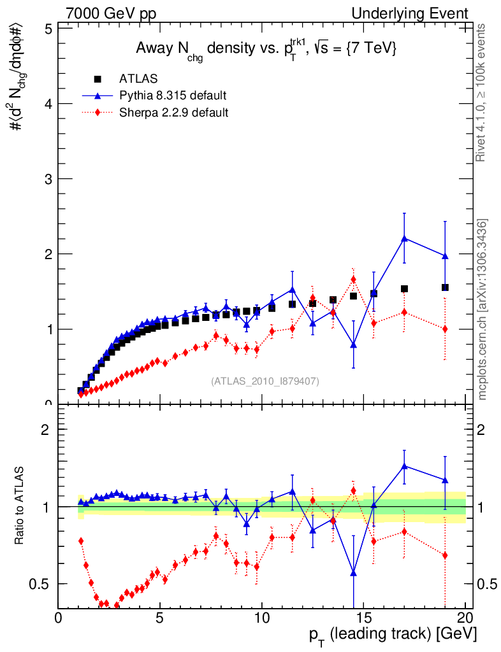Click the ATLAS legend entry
(138, 79)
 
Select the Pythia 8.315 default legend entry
(172, 96)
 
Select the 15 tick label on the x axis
(363, 618)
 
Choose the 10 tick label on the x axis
(261, 618)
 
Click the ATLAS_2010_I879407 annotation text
(265, 381)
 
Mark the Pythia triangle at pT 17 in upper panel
(404, 238)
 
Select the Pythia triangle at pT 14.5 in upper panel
(353, 344)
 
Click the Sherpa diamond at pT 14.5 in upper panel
(353, 280)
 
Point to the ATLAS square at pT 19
(445, 287)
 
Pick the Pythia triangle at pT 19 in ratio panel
(445, 479)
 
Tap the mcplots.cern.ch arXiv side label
(483, 309)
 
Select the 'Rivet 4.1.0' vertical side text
(483, 92)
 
